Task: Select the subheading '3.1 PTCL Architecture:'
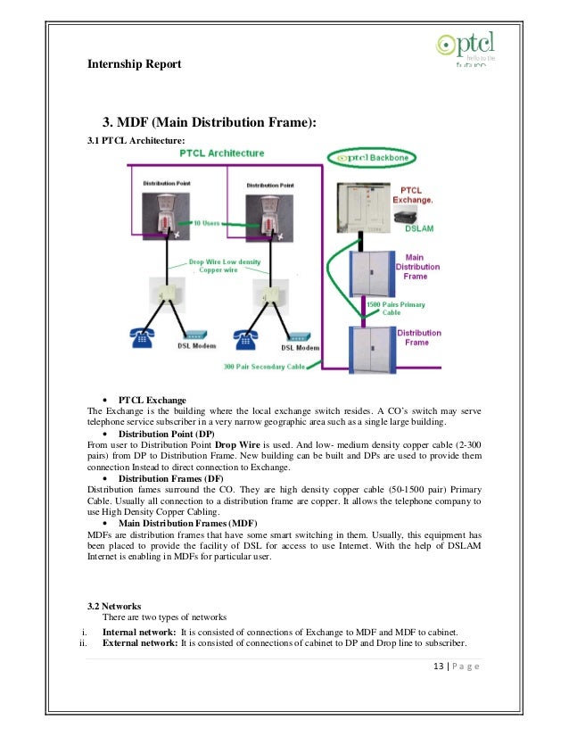point(136,141)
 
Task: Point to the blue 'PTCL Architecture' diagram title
point(222,153)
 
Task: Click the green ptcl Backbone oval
point(375,158)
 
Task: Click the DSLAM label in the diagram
point(420,229)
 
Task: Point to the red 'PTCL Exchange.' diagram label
point(416,196)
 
